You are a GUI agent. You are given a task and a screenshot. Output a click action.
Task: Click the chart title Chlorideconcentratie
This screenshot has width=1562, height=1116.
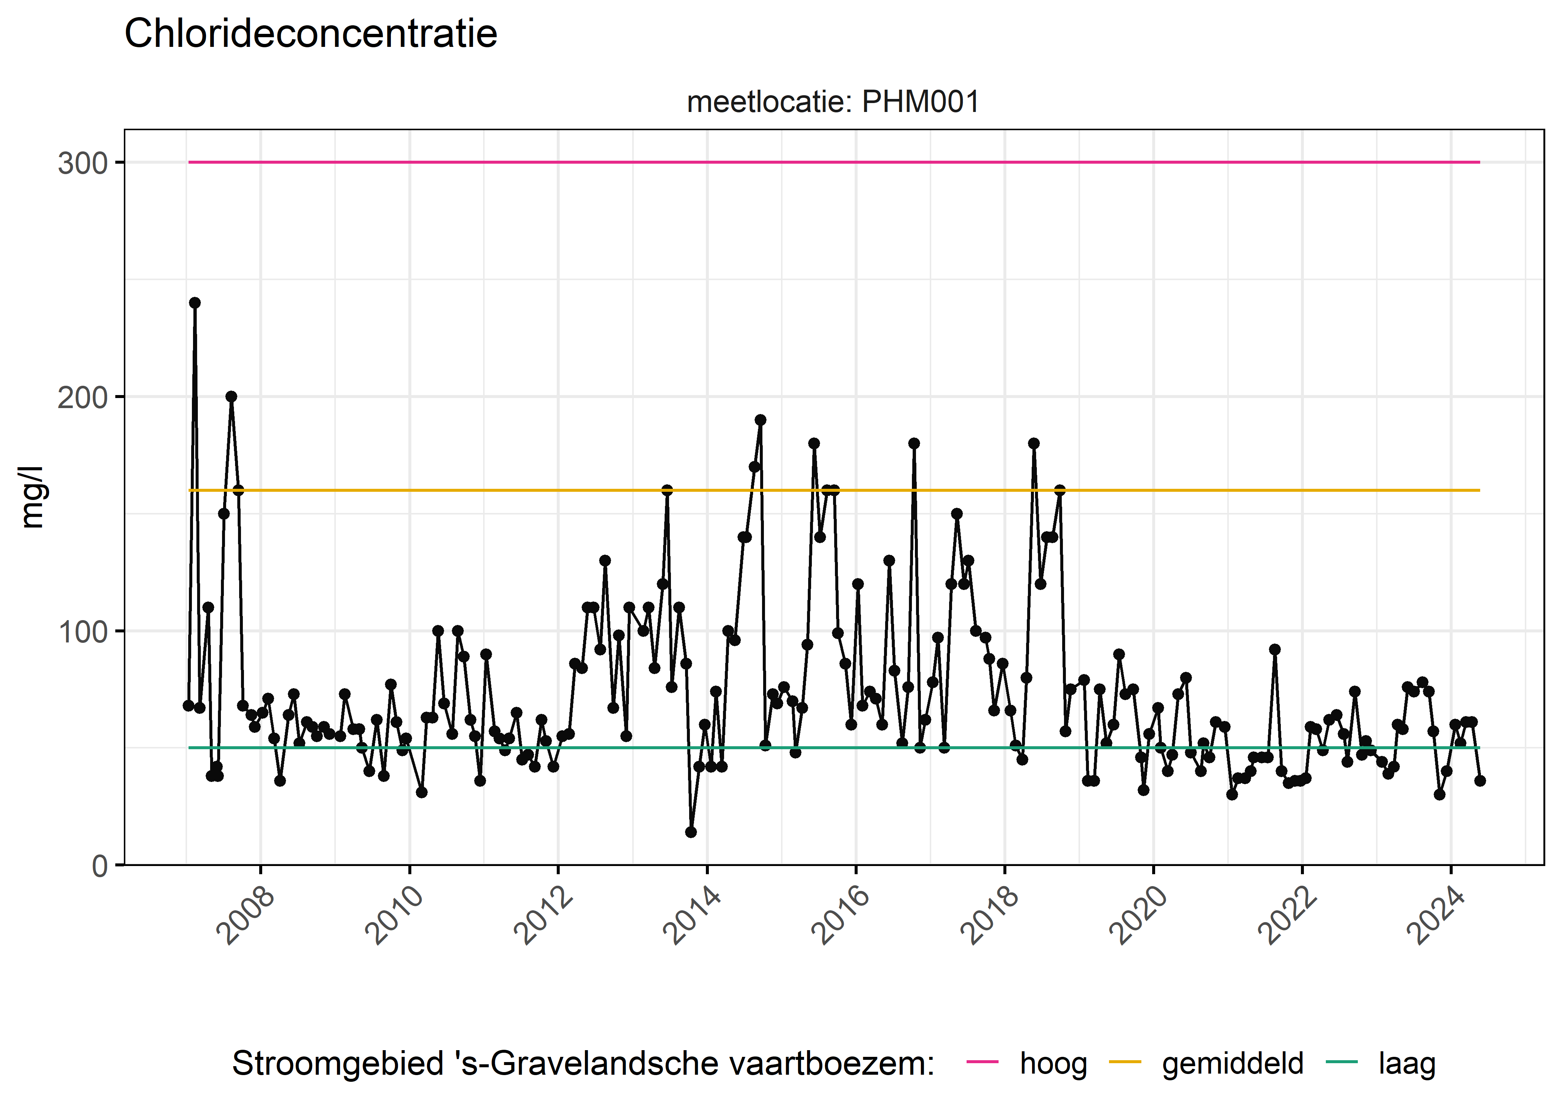[311, 34]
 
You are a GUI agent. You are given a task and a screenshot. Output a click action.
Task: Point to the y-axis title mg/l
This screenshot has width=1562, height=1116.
[32, 497]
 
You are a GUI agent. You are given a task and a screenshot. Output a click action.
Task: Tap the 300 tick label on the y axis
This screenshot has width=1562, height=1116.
[83, 164]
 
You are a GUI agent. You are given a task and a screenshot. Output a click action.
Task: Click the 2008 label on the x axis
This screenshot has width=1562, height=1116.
[245, 915]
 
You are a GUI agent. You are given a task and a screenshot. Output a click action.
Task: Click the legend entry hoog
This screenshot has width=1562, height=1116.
[1053, 1064]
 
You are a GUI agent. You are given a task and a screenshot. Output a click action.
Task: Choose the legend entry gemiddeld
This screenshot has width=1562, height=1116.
[1232, 1064]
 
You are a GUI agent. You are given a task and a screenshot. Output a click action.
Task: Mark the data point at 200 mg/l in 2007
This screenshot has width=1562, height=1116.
[231, 397]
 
